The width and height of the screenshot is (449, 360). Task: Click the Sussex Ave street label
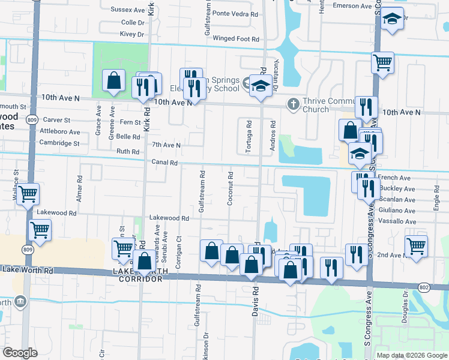pyautogui.click(x=128, y=10)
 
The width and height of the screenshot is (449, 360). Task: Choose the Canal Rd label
pyautogui.click(x=164, y=163)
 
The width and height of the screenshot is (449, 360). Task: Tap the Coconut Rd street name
pyautogui.click(x=231, y=189)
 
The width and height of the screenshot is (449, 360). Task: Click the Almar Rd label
pyautogui.click(x=79, y=187)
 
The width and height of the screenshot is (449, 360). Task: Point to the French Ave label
pyautogui.click(x=394, y=178)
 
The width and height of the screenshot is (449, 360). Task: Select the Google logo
pyautogui.click(x=20, y=353)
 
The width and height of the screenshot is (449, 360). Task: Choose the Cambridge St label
pyautogui.click(x=59, y=143)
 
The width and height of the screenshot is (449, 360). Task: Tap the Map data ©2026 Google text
pyautogui.click(x=412, y=355)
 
